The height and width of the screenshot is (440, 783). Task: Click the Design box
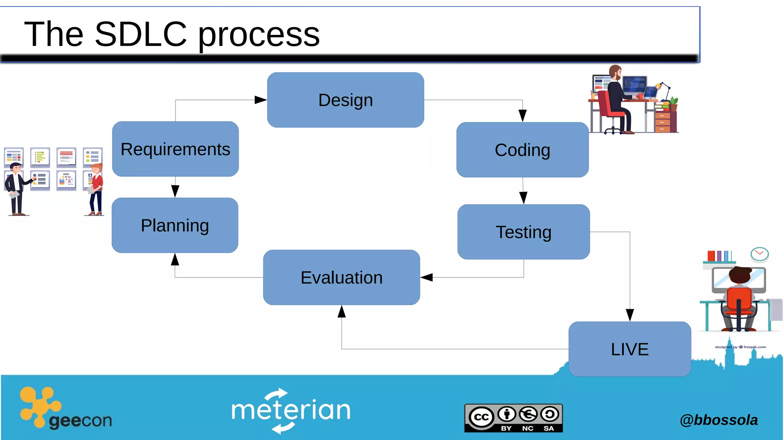345,100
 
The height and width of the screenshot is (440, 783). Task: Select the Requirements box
175,149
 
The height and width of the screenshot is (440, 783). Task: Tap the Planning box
175,225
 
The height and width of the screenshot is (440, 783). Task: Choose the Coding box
522,150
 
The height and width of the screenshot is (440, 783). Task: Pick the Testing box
523,232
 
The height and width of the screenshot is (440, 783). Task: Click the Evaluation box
341,277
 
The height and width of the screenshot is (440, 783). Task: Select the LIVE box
630,349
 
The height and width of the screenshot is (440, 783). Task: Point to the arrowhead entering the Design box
261,100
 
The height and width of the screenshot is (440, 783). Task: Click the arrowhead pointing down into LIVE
630,315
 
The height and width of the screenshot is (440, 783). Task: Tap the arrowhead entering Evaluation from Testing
426,277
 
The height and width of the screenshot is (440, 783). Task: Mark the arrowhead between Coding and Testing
523,198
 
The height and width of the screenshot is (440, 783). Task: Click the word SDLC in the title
140,34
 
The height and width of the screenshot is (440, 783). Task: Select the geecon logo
65,409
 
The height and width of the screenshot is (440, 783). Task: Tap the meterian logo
291,410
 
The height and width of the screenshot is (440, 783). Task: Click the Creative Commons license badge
513,418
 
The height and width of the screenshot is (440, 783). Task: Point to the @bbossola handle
718,420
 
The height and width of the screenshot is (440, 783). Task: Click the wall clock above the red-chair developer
759,254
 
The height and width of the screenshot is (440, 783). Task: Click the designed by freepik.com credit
740,347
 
